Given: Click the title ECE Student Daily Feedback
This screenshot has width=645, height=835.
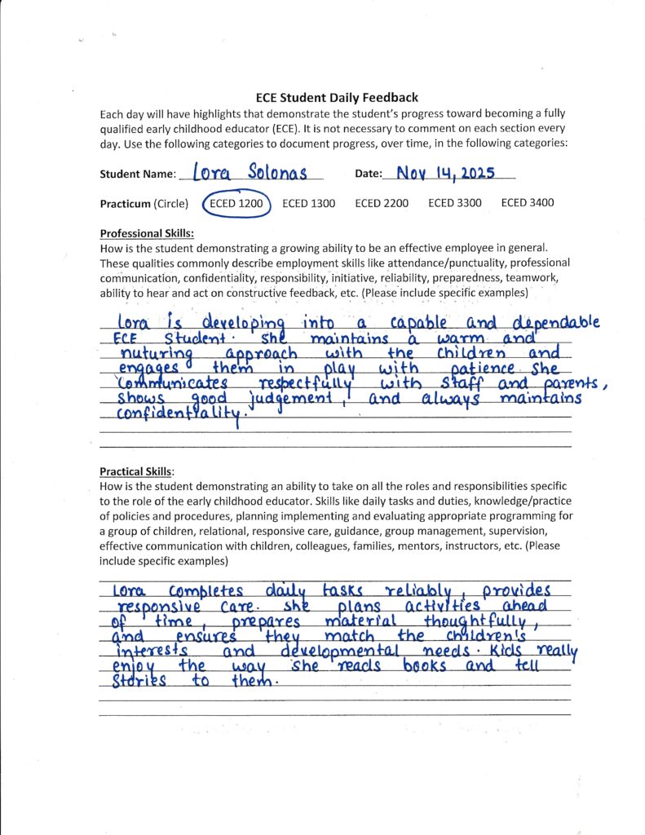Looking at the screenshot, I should click(x=331, y=98).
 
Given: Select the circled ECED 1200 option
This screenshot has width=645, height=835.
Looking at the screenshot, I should click(x=236, y=204).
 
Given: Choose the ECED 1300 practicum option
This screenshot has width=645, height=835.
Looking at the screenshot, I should click(x=308, y=204).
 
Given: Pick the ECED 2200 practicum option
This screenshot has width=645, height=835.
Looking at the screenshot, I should click(x=382, y=204).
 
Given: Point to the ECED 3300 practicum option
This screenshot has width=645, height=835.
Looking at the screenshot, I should click(x=455, y=204).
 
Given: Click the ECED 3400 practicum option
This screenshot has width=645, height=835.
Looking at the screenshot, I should click(x=528, y=204).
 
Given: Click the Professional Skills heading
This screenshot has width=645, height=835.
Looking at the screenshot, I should click(x=141, y=233).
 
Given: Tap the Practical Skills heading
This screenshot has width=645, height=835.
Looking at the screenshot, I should click(x=137, y=471).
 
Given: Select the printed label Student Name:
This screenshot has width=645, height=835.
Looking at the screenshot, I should click(x=137, y=175).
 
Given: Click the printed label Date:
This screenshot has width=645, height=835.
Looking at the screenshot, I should click(x=372, y=175).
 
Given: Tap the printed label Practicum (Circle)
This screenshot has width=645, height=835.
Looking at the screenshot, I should click(x=144, y=204).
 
